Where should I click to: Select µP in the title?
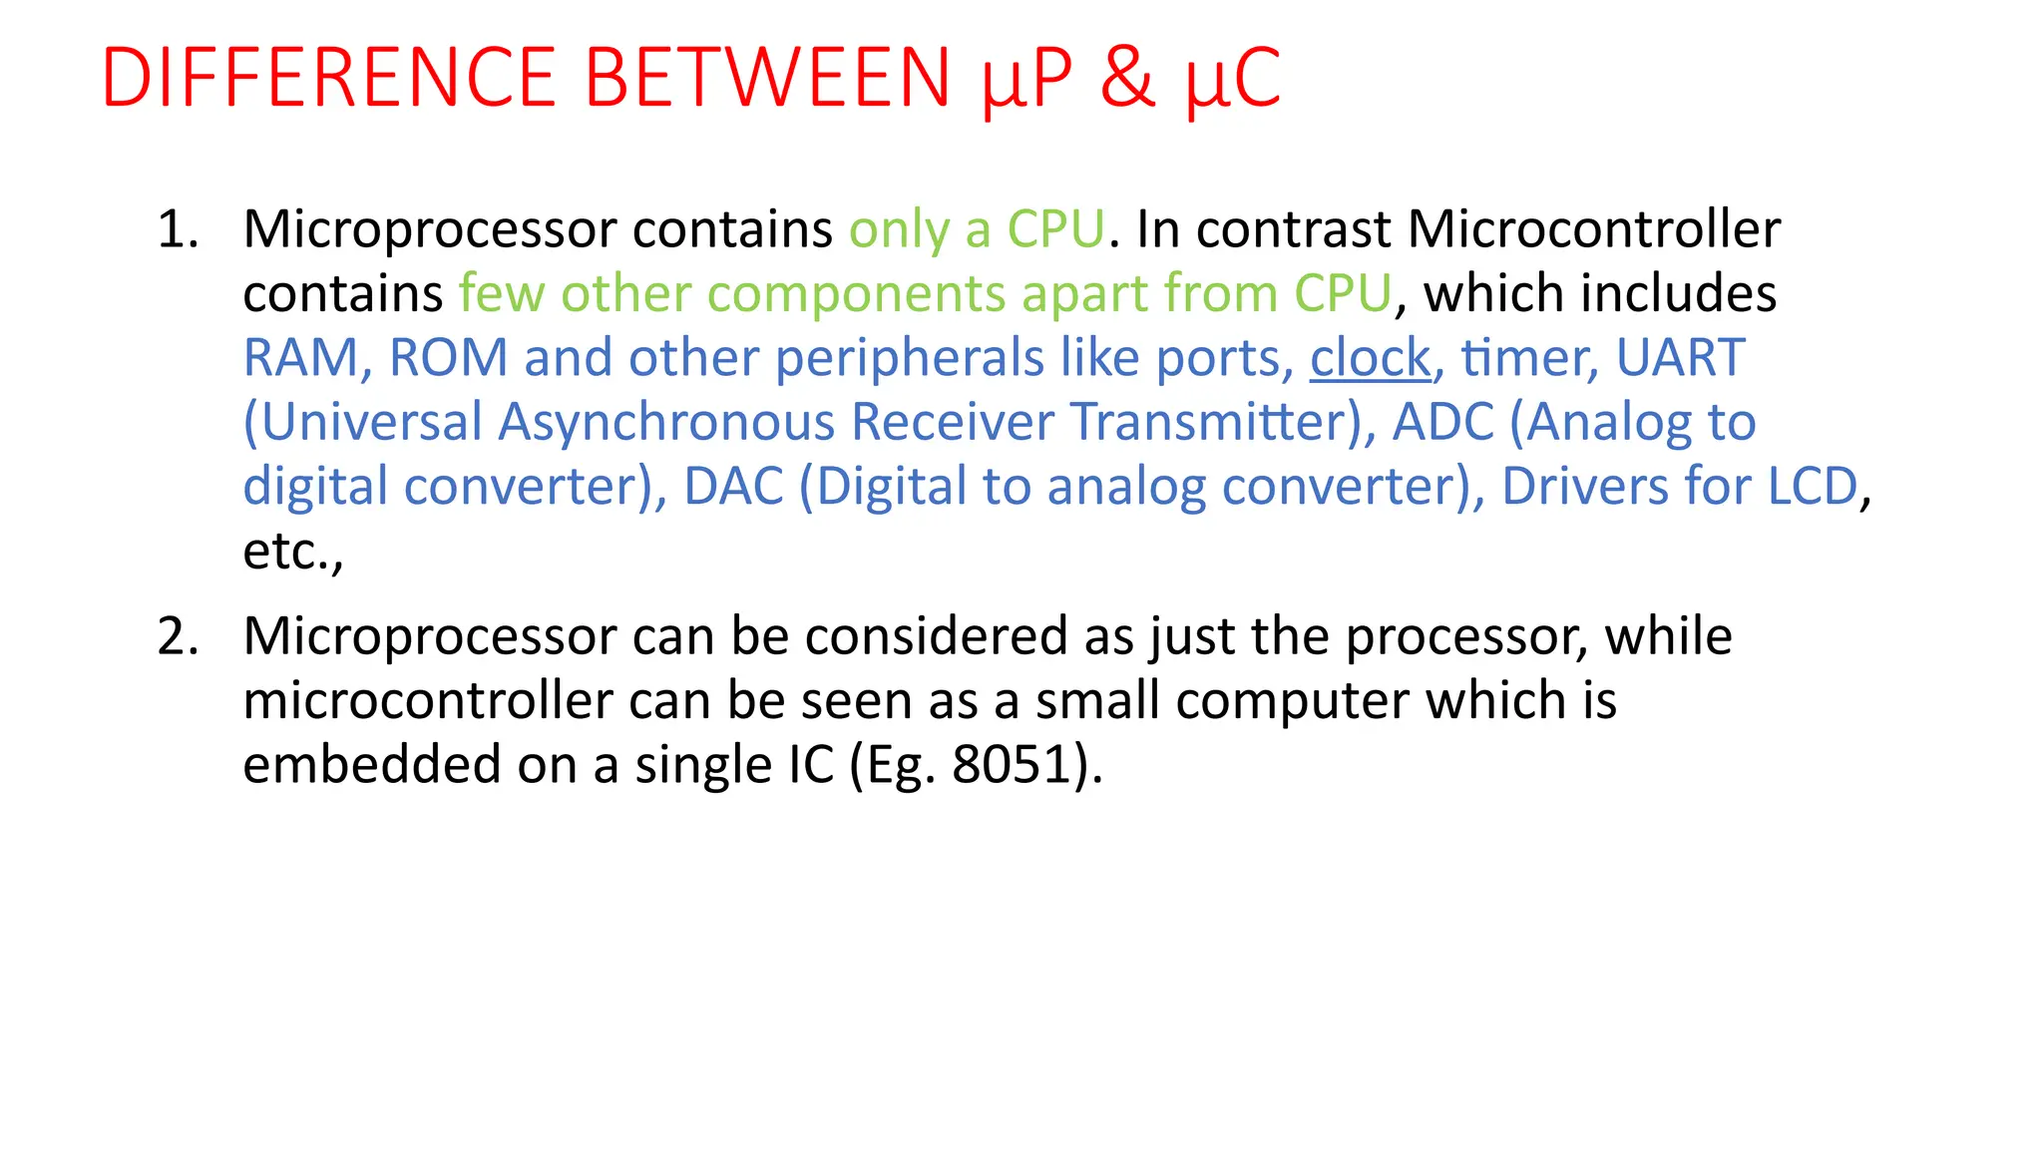(x=1026, y=80)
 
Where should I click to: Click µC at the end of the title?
(x=1233, y=80)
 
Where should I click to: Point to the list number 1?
(x=178, y=229)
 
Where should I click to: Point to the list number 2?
(x=178, y=636)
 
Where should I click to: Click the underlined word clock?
(x=1370, y=357)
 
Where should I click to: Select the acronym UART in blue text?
(x=1680, y=357)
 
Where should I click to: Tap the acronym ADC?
(x=1442, y=422)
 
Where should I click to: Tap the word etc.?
(x=292, y=552)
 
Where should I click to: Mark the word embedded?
(x=371, y=765)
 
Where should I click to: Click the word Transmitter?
(x=1209, y=422)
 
